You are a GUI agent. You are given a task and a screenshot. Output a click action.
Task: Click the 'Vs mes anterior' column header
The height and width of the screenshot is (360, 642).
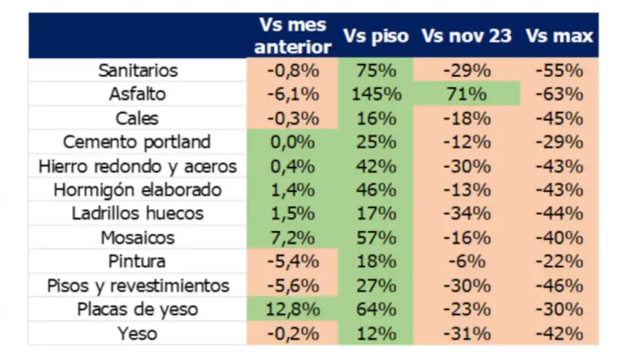pyautogui.click(x=292, y=36)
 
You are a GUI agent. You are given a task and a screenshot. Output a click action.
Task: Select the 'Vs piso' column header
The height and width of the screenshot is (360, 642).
pyautogui.click(x=376, y=36)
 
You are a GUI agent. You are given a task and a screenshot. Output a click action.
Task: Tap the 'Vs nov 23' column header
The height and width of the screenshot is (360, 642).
pyautogui.click(x=467, y=36)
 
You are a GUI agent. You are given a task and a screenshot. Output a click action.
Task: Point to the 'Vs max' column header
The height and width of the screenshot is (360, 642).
pyautogui.click(x=559, y=36)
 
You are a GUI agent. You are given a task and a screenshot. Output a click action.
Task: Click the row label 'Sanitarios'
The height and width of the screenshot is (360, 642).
pyautogui.click(x=138, y=71)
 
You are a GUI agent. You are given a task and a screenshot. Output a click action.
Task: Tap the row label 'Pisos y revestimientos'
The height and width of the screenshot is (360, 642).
pyautogui.click(x=138, y=286)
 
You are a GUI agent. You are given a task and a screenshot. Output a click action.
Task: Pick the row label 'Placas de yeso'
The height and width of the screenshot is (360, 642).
pyautogui.click(x=138, y=309)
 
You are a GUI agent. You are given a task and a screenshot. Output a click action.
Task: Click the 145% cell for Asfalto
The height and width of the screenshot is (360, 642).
pyautogui.click(x=376, y=94)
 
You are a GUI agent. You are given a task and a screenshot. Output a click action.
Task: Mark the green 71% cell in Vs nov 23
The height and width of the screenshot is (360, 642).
pyautogui.click(x=467, y=94)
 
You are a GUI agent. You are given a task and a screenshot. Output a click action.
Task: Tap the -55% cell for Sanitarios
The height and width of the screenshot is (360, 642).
pyautogui.click(x=559, y=71)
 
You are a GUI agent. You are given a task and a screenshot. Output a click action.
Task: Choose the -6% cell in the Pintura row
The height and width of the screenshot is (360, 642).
pyautogui.click(x=467, y=262)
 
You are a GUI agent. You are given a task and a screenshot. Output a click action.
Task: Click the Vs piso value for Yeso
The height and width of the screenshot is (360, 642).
pyautogui.click(x=376, y=334)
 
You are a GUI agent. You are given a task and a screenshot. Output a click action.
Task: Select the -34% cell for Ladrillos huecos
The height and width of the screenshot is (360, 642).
pyautogui.click(x=467, y=214)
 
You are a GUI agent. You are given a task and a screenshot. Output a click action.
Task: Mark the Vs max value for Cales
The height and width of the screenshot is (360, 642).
pyautogui.click(x=559, y=118)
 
